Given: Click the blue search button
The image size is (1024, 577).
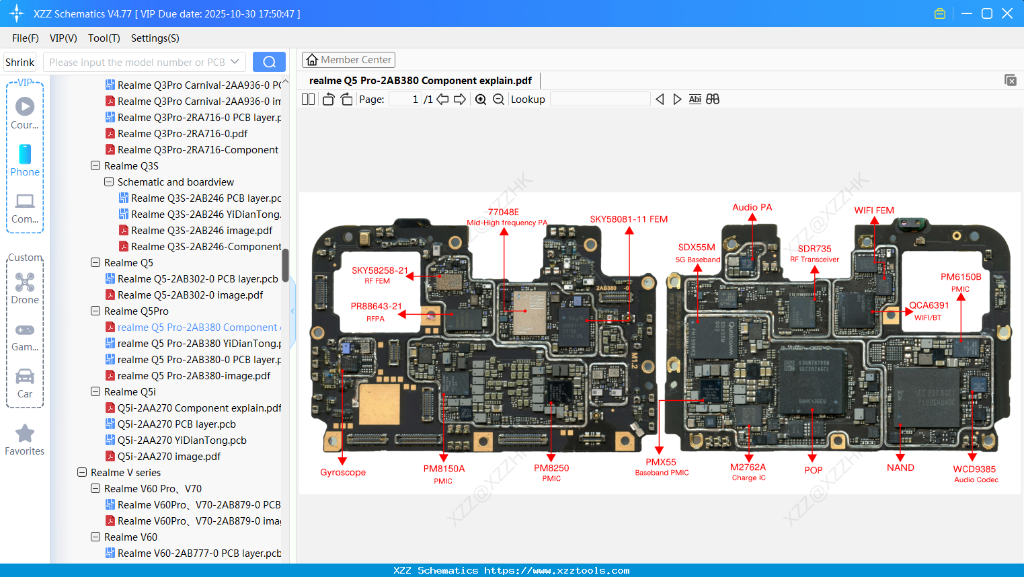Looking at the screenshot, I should pyautogui.click(x=269, y=62).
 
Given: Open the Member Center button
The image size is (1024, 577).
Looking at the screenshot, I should pyautogui.click(x=348, y=60).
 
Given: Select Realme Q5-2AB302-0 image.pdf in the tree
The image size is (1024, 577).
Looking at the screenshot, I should pyautogui.click(x=190, y=295).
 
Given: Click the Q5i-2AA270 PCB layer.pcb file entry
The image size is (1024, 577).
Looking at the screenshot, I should pyautogui.click(x=176, y=424).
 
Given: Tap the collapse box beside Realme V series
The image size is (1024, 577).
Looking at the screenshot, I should pyautogui.click(x=82, y=473).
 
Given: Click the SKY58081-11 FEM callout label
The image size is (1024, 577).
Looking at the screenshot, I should pyautogui.click(x=629, y=219).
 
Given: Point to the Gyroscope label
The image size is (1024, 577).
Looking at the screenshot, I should pyautogui.click(x=343, y=472).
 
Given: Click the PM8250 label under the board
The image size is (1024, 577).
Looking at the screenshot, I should pyautogui.click(x=551, y=469).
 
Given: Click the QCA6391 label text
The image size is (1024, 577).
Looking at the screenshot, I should pyautogui.click(x=929, y=305).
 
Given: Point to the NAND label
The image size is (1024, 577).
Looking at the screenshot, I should pyautogui.click(x=900, y=468).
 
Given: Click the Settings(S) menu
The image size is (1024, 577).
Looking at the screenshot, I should pyautogui.click(x=155, y=38).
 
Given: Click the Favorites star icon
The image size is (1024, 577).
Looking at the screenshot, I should pyautogui.click(x=25, y=434).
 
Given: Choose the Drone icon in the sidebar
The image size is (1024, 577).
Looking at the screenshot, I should pyautogui.click(x=25, y=282).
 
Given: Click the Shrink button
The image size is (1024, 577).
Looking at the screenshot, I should pyautogui.click(x=20, y=62).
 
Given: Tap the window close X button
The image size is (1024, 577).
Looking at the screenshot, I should pyautogui.click(x=1007, y=13).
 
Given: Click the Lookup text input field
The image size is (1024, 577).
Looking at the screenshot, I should pyautogui.click(x=600, y=100).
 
